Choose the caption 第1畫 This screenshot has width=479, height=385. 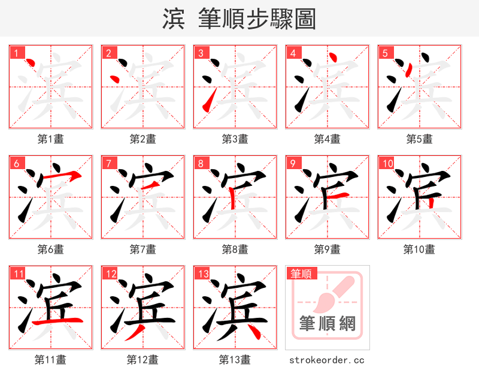pyautogui.click(x=51, y=139)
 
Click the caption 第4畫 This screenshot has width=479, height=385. pyautogui.click(x=328, y=139)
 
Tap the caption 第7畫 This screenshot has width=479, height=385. pyautogui.click(x=143, y=249)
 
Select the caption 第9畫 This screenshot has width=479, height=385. pyautogui.click(x=328, y=249)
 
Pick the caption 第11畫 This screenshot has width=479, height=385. pyautogui.click(x=51, y=360)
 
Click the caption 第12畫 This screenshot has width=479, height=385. pyautogui.click(x=143, y=360)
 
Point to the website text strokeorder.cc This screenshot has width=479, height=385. pyautogui.click(x=327, y=360)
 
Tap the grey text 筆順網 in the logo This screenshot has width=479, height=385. pyautogui.click(x=328, y=324)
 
